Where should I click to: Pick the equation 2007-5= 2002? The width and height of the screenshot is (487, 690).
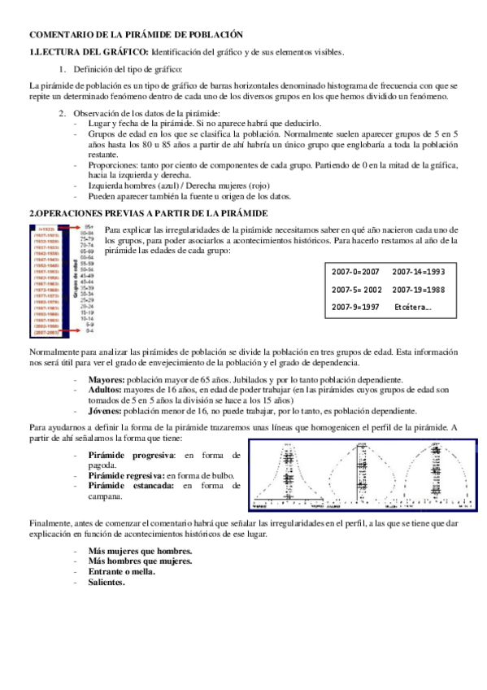(x=357, y=289)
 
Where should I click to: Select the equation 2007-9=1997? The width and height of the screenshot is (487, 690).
(x=355, y=307)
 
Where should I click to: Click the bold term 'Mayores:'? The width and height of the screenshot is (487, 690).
(x=106, y=379)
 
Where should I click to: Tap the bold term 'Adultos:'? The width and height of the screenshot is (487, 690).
(x=105, y=390)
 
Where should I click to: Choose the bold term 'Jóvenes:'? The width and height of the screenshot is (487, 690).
(x=106, y=411)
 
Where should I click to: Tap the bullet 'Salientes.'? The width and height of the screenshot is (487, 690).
(x=107, y=582)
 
